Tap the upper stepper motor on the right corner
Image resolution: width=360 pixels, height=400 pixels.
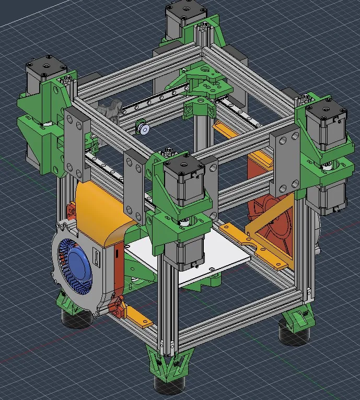click(x=325, y=125)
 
